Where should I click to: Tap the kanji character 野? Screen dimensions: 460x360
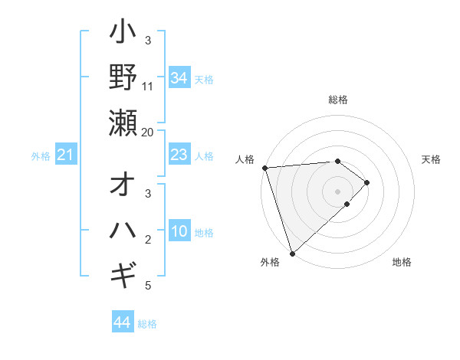(123, 77)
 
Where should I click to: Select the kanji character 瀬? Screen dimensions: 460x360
(123, 123)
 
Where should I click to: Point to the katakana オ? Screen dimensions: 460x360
(123, 187)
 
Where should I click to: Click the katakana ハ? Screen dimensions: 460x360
(123, 231)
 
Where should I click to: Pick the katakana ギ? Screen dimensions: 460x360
(123, 273)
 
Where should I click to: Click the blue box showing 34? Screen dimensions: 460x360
(179, 77)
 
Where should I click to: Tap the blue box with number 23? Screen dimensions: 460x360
(179, 155)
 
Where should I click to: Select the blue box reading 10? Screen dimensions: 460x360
(179, 232)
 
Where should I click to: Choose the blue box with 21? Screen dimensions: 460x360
(65, 155)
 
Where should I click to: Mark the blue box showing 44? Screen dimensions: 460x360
(122, 322)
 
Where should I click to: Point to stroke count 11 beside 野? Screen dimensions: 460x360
(148, 87)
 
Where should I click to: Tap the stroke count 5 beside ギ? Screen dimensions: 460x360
(148, 286)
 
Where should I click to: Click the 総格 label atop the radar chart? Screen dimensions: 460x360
(338, 100)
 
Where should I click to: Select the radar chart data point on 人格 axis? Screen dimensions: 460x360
(264, 168)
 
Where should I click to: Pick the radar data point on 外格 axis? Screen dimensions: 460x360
(292, 253)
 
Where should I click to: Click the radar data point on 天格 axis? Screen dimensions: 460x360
(367, 182)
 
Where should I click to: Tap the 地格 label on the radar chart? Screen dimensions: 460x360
(402, 262)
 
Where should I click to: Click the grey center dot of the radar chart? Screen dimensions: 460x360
(338, 191)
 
